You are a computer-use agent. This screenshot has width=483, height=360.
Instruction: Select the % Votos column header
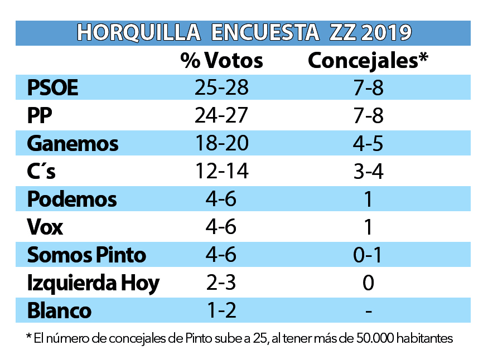[221, 60]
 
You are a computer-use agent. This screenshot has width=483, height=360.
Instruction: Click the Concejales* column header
[368, 60]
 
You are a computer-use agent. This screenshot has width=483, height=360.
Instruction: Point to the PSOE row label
[53, 88]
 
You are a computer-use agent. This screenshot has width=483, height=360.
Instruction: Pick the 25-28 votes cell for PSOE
[221, 88]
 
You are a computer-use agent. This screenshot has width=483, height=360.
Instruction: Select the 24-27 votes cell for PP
[221, 116]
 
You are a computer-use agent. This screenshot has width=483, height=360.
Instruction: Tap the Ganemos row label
[73, 144]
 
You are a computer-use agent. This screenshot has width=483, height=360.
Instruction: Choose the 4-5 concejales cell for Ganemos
[368, 144]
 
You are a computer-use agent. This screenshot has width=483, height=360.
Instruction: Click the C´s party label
[41, 172]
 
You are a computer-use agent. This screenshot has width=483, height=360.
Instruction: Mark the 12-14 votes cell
[221, 172]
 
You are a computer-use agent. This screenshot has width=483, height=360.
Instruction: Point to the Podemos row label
[72, 200]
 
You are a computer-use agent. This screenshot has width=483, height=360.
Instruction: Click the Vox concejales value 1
[368, 227]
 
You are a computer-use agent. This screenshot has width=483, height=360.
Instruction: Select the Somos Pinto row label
[86, 255]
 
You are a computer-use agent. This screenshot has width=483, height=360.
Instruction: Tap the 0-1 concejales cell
[368, 255]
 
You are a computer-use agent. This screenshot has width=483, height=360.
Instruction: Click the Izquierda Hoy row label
[93, 283]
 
